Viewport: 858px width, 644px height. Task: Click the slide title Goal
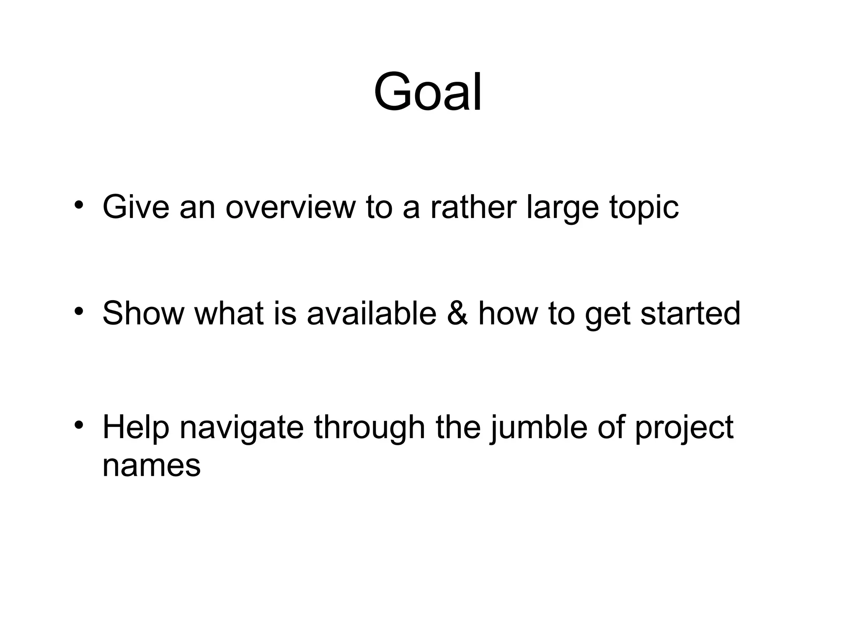click(428, 92)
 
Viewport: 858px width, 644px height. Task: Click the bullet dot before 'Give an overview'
click(78, 205)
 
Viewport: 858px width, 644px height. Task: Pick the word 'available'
click(372, 313)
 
